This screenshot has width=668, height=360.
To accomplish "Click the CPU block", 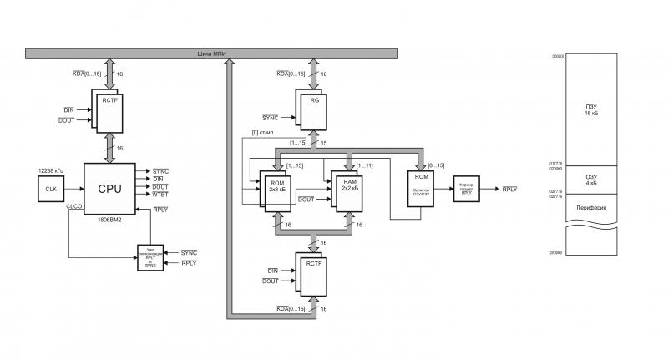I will tap(109, 189).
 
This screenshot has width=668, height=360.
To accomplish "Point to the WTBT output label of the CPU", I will tap(161, 195).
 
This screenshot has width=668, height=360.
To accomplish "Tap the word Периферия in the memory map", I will tap(591, 207).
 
